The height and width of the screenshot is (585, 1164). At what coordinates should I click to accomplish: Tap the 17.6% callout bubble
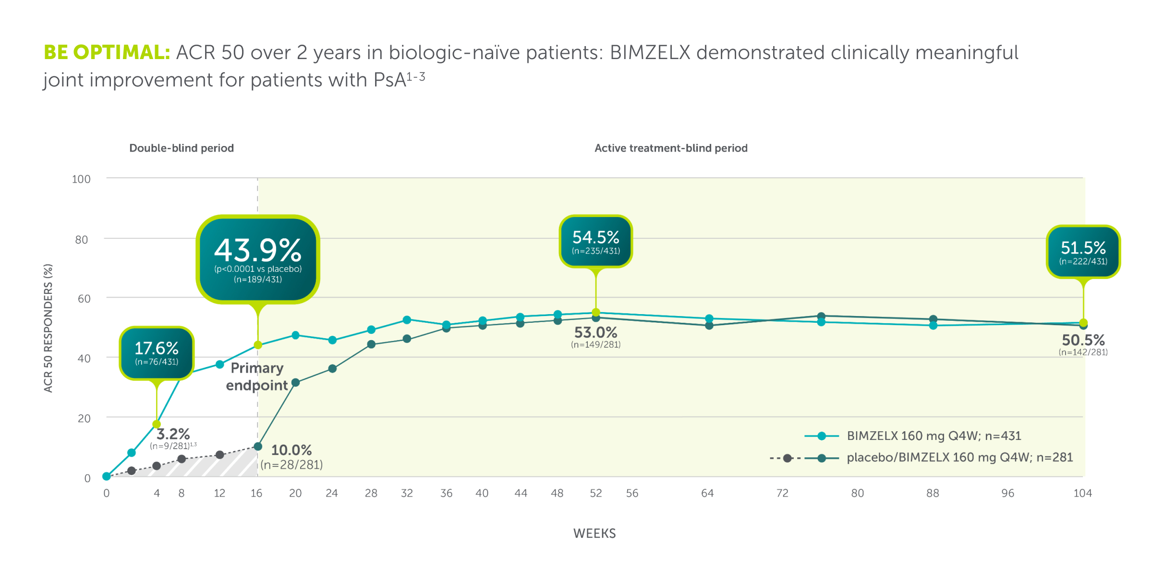click(157, 353)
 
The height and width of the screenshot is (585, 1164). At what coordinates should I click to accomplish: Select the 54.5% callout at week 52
click(595, 241)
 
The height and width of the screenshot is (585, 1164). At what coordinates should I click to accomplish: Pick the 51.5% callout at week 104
click(1083, 252)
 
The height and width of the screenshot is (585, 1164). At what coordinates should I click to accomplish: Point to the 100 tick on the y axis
click(81, 179)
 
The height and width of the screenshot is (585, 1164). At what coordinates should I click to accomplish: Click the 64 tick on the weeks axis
click(707, 493)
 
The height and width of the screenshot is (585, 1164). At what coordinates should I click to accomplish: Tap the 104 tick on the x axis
click(1082, 493)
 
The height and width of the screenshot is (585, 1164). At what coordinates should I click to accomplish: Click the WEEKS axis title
click(594, 534)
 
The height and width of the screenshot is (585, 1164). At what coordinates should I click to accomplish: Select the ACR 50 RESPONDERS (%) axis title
click(48, 328)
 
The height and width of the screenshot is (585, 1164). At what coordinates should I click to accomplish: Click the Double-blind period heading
click(182, 148)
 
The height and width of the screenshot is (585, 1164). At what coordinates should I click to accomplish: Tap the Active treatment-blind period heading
click(671, 148)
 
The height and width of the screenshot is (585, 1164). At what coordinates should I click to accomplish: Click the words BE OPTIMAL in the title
click(107, 52)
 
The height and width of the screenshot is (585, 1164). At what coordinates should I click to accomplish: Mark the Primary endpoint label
click(257, 377)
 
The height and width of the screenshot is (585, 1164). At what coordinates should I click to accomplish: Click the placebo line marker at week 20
click(296, 382)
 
